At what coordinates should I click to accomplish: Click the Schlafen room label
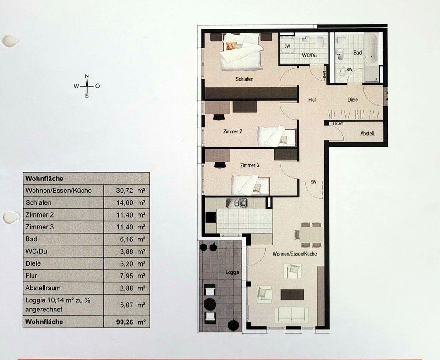(x=244, y=79)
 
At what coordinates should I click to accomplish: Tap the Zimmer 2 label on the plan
(x=232, y=131)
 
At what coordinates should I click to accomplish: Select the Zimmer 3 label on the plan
(x=250, y=165)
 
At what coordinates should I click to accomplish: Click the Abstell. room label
(x=368, y=134)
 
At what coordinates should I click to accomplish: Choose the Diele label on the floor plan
(x=352, y=99)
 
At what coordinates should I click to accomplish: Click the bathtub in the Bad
(x=371, y=49)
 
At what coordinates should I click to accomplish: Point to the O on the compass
(x=98, y=86)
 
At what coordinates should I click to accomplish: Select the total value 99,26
(x=125, y=322)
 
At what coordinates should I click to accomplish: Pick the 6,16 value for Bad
(x=126, y=239)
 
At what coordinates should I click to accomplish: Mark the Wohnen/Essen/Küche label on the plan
(x=294, y=253)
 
